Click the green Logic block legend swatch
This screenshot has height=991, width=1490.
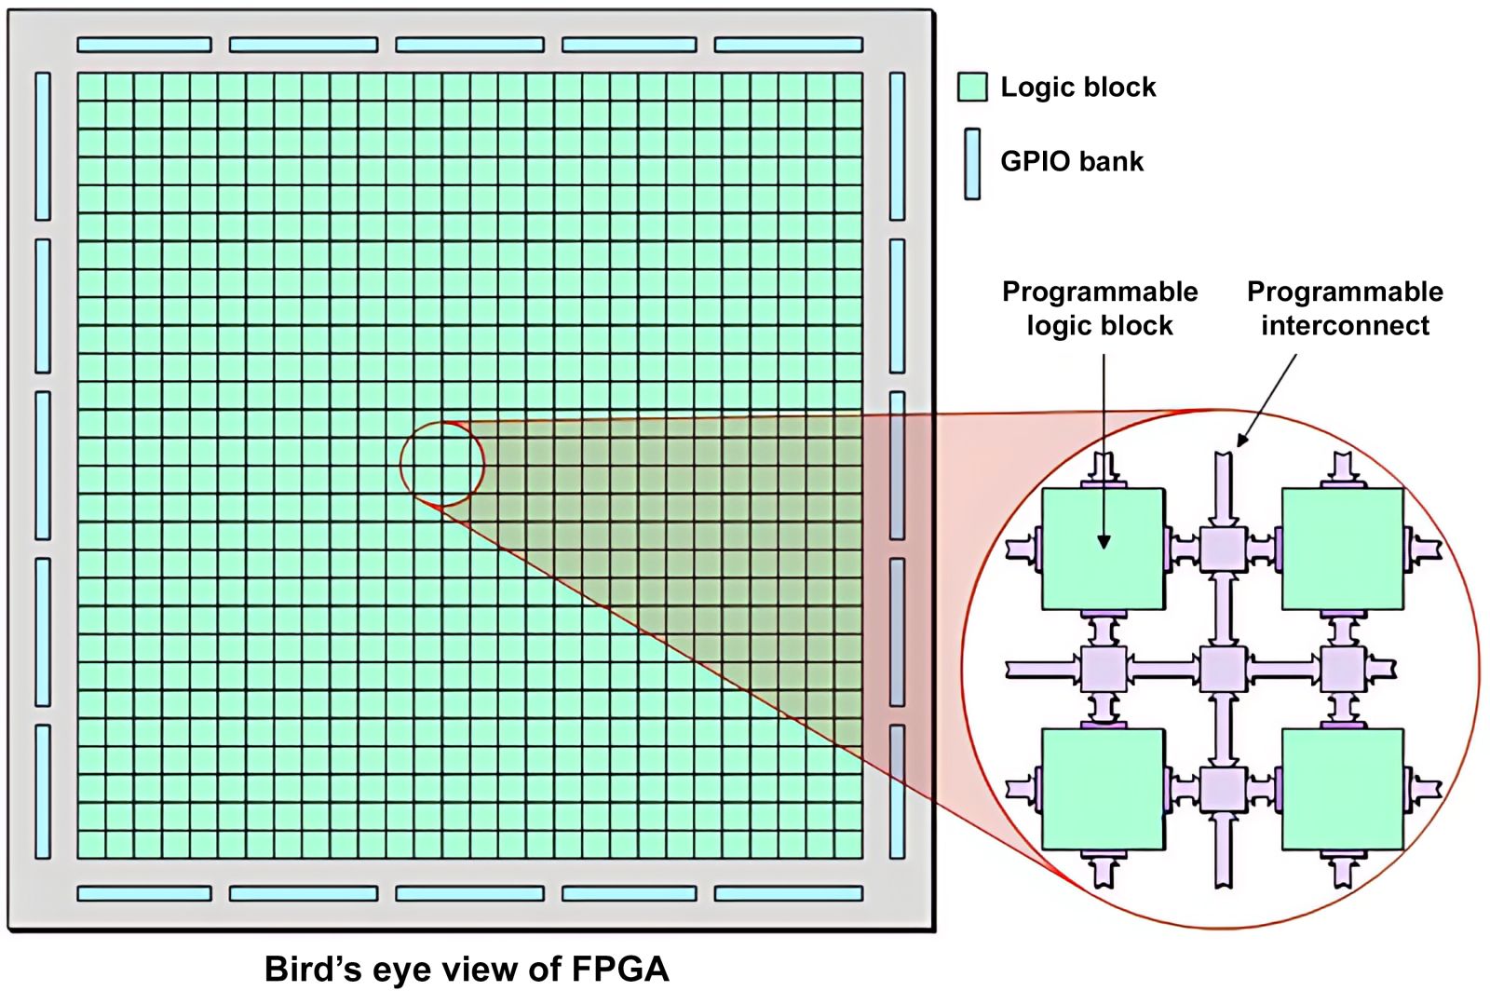tap(972, 87)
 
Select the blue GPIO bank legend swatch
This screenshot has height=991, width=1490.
tap(972, 164)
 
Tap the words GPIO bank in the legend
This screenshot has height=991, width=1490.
tap(1071, 161)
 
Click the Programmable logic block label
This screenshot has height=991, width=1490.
tap(1100, 308)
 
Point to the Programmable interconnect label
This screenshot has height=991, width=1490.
tap(1345, 308)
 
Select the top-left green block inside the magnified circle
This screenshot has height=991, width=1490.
tap(1103, 550)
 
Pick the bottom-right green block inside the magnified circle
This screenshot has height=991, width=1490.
tap(1343, 789)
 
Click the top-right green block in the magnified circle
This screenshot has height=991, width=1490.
tap(1343, 550)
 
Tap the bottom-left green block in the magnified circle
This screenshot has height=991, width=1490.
tap(1103, 789)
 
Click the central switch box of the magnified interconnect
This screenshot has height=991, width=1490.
tap(1223, 669)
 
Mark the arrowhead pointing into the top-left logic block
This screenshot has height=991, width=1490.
tap(1104, 542)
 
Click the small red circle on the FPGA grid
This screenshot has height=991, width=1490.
tap(442, 463)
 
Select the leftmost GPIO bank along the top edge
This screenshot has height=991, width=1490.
tap(144, 45)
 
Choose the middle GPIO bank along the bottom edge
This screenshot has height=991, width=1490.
tap(469, 894)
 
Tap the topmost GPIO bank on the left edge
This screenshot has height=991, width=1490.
tap(43, 146)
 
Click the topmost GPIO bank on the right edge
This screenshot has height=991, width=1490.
tap(897, 146)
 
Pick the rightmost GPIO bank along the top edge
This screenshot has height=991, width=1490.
tap(788, 45)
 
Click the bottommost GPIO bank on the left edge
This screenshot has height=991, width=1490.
tap(43, 792)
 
